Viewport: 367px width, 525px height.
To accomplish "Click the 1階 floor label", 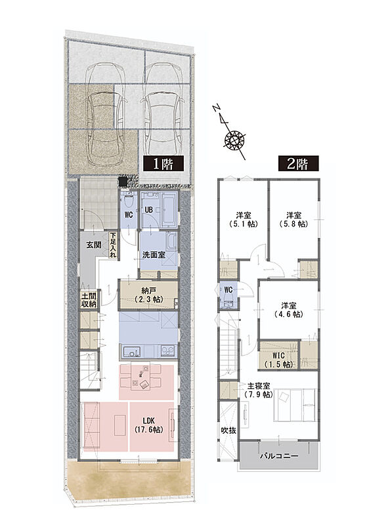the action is point(163,164).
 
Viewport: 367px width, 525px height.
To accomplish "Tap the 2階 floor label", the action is point(298,164).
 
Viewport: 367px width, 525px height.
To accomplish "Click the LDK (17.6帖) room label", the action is point(149,425).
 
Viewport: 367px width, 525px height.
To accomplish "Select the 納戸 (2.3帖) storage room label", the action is point(148,295).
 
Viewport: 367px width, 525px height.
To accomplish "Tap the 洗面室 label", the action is point(154,255).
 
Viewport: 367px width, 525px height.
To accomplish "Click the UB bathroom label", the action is point(148,210).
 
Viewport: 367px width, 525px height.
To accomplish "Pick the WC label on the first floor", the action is point(129,215).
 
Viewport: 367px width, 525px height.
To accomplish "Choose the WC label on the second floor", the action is point(228,290).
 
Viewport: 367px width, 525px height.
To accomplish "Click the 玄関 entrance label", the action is point(94,245).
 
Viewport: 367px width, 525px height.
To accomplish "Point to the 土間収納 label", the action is point(89,300).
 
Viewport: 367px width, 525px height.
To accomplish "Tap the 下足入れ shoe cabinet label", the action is point(114,245).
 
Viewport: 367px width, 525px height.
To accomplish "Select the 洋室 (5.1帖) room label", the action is point(244,219).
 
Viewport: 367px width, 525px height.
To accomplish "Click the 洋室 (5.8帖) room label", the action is point(293,219).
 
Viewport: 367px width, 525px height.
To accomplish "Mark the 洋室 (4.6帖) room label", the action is point(289,310).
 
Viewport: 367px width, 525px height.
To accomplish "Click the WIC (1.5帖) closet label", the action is point(278,359).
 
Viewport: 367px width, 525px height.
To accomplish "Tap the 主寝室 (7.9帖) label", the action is point(259,390).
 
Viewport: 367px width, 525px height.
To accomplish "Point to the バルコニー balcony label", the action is point(279,455).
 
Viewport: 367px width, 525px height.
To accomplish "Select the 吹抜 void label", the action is point(228,430).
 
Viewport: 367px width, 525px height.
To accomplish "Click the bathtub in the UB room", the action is point(169,210).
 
